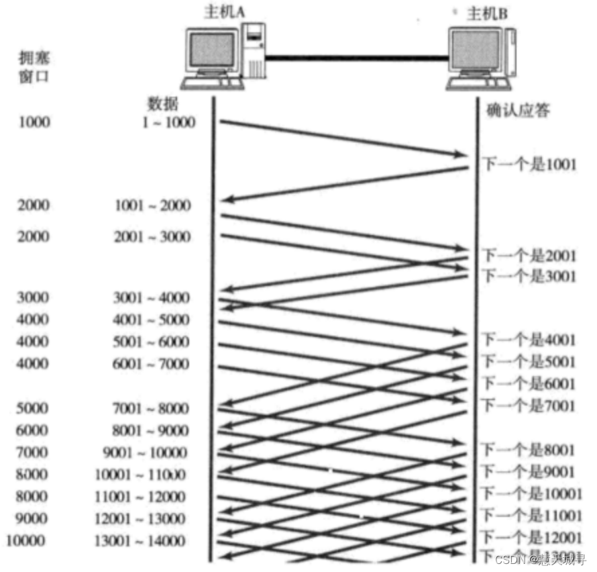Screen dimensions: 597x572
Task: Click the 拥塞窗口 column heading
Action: click(x=33, y=66)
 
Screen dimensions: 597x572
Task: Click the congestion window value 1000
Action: click(x=34, y=122)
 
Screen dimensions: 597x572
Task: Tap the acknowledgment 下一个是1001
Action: click(x=529, y=164)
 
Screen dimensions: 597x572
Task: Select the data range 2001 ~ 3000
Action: click(x=152, y=237)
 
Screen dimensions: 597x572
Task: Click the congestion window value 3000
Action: click(x=34, y=297)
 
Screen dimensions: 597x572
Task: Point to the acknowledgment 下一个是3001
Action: click(x=529, y=275)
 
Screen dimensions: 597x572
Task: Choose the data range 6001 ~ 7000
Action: click(x=152, y=364)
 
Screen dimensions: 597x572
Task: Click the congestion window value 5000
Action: click(x=34, y=408)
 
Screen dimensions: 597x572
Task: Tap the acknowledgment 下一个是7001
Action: click(x=529, y=406)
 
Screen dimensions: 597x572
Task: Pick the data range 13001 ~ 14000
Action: click(x=140, y=541)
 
